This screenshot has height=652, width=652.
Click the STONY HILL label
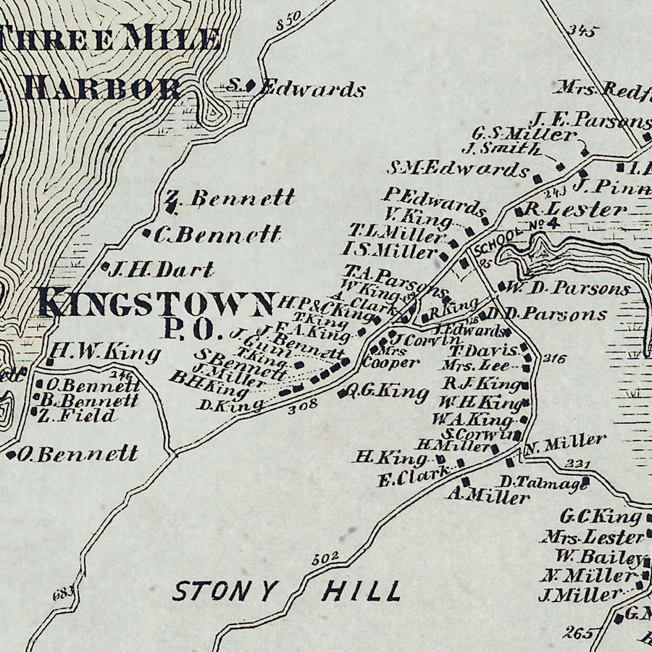tap(285, 590)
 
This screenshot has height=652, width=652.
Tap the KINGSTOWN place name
tap(156, 303)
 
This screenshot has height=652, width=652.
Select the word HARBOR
tap(101, 88)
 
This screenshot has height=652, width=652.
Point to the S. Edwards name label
tap(295, 89)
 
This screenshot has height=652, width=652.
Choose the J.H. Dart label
tap(161, 270)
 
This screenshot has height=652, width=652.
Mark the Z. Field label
tap(77, 416)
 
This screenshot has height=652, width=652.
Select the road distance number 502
tap(325, 559)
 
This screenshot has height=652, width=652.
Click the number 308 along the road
tap(302, 406)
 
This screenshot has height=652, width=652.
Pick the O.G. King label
tap(388, 392)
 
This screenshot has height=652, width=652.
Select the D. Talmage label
tap(543, 482)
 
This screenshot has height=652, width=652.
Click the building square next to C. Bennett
tap(148, 233)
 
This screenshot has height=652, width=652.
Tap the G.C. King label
tap(601, 517)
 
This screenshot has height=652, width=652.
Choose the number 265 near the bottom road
tap(577, 631)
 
